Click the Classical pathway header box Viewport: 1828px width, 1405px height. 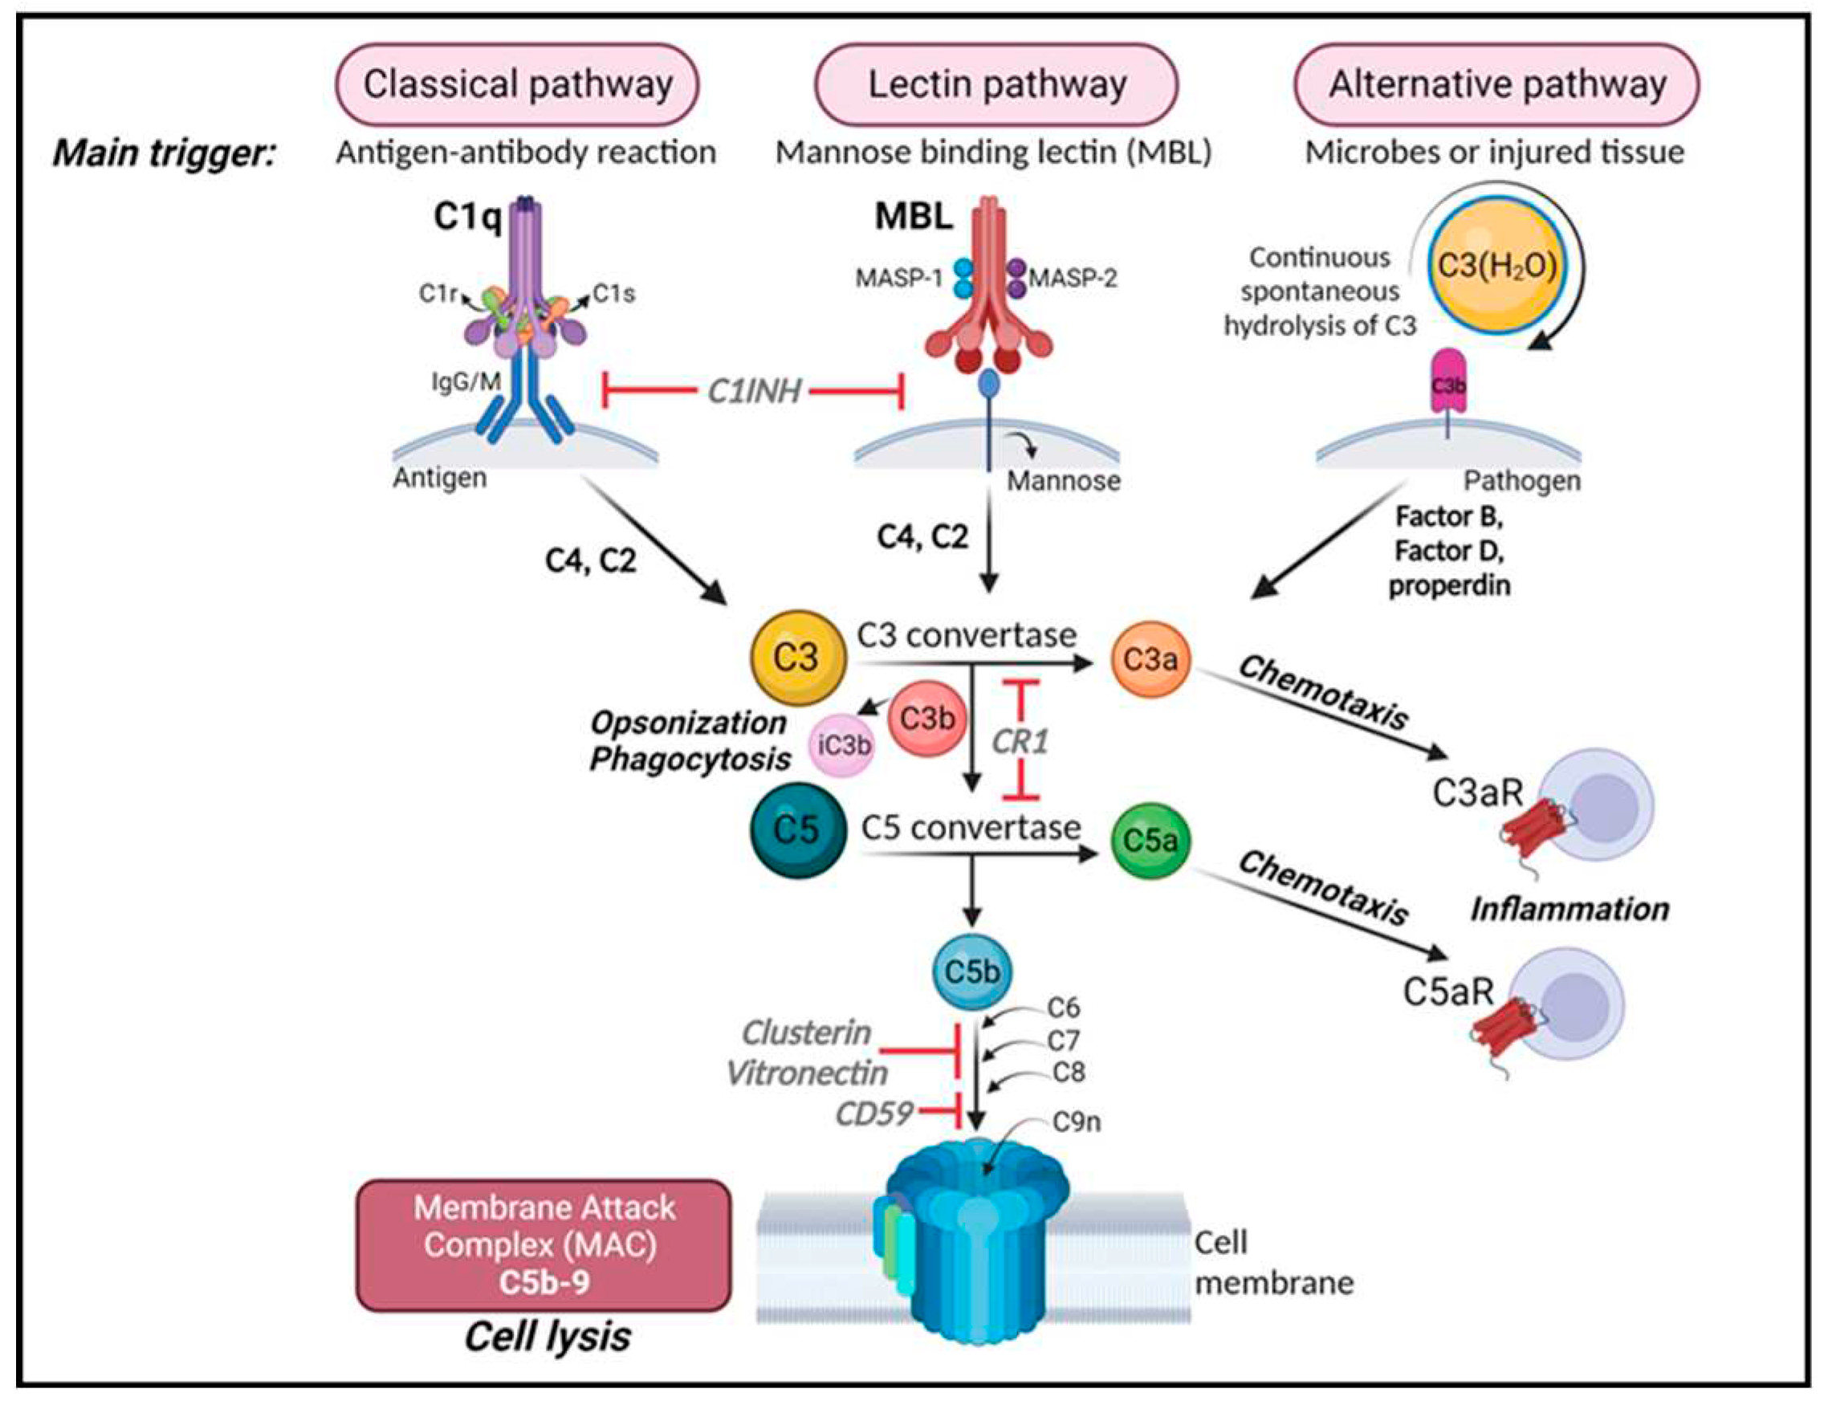[x=517, y=84]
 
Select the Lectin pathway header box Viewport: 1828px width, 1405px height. [x=996, y=84]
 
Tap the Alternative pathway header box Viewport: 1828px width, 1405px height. [x=1496, y=84]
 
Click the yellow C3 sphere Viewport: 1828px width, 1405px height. [x=797, y=658]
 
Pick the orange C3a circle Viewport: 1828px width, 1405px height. [x=1150, y=659]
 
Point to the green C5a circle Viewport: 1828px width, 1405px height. [x=1150, y=840]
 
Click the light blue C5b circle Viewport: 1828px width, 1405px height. [x=971, y=971]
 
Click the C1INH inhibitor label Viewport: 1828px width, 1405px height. [x=754, y=390]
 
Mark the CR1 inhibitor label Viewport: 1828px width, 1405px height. [x=1020, y=741]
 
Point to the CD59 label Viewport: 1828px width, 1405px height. [x=874, y=1113]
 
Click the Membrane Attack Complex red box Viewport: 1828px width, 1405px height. [x=544, y=1244]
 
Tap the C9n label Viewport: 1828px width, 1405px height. [x=1077, y=1122]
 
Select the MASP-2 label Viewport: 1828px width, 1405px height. [x=1073, y=278]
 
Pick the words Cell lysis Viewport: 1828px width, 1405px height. [x=548, y=1336]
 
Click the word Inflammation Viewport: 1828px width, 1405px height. [x=1569, y=909]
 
